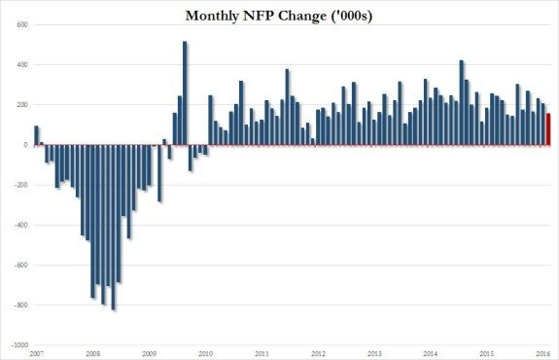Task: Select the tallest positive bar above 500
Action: pyautogui.click(x=185, y=93)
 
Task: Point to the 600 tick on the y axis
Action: pyautogui.click(x=17, y=24)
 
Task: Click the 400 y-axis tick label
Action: pyautogui.click(x=17, y=64)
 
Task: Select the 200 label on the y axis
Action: pyautogui.click(x=17, y=104)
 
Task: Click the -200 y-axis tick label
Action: pyautogui.click(x=17, y=185)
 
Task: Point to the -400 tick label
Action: pyautogui.click(x=17, y=225)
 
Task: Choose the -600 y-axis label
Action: pyautogui.click(x=17, y=265)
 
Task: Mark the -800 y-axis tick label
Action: pyautogui.click(x=17, y=305)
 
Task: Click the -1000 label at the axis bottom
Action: pyautogui.click(x=15, y=344)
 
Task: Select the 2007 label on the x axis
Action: pyautogui.click(x=36, y=352)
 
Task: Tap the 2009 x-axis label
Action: pyautogui.click(x=149, y=352)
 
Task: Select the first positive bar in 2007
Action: pyautogui.click(x=36, y=135)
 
